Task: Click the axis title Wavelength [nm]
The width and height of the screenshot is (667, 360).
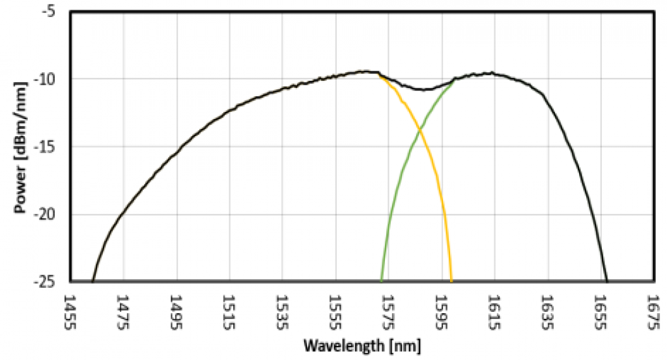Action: click(362, 345)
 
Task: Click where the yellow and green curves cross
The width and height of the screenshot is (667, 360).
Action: click(419, 130)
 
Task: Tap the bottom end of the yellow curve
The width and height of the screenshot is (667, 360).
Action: click(451, 281)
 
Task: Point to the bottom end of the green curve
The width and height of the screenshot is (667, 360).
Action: click(381, 281)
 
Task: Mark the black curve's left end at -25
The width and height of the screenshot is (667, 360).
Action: click(93, 281)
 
